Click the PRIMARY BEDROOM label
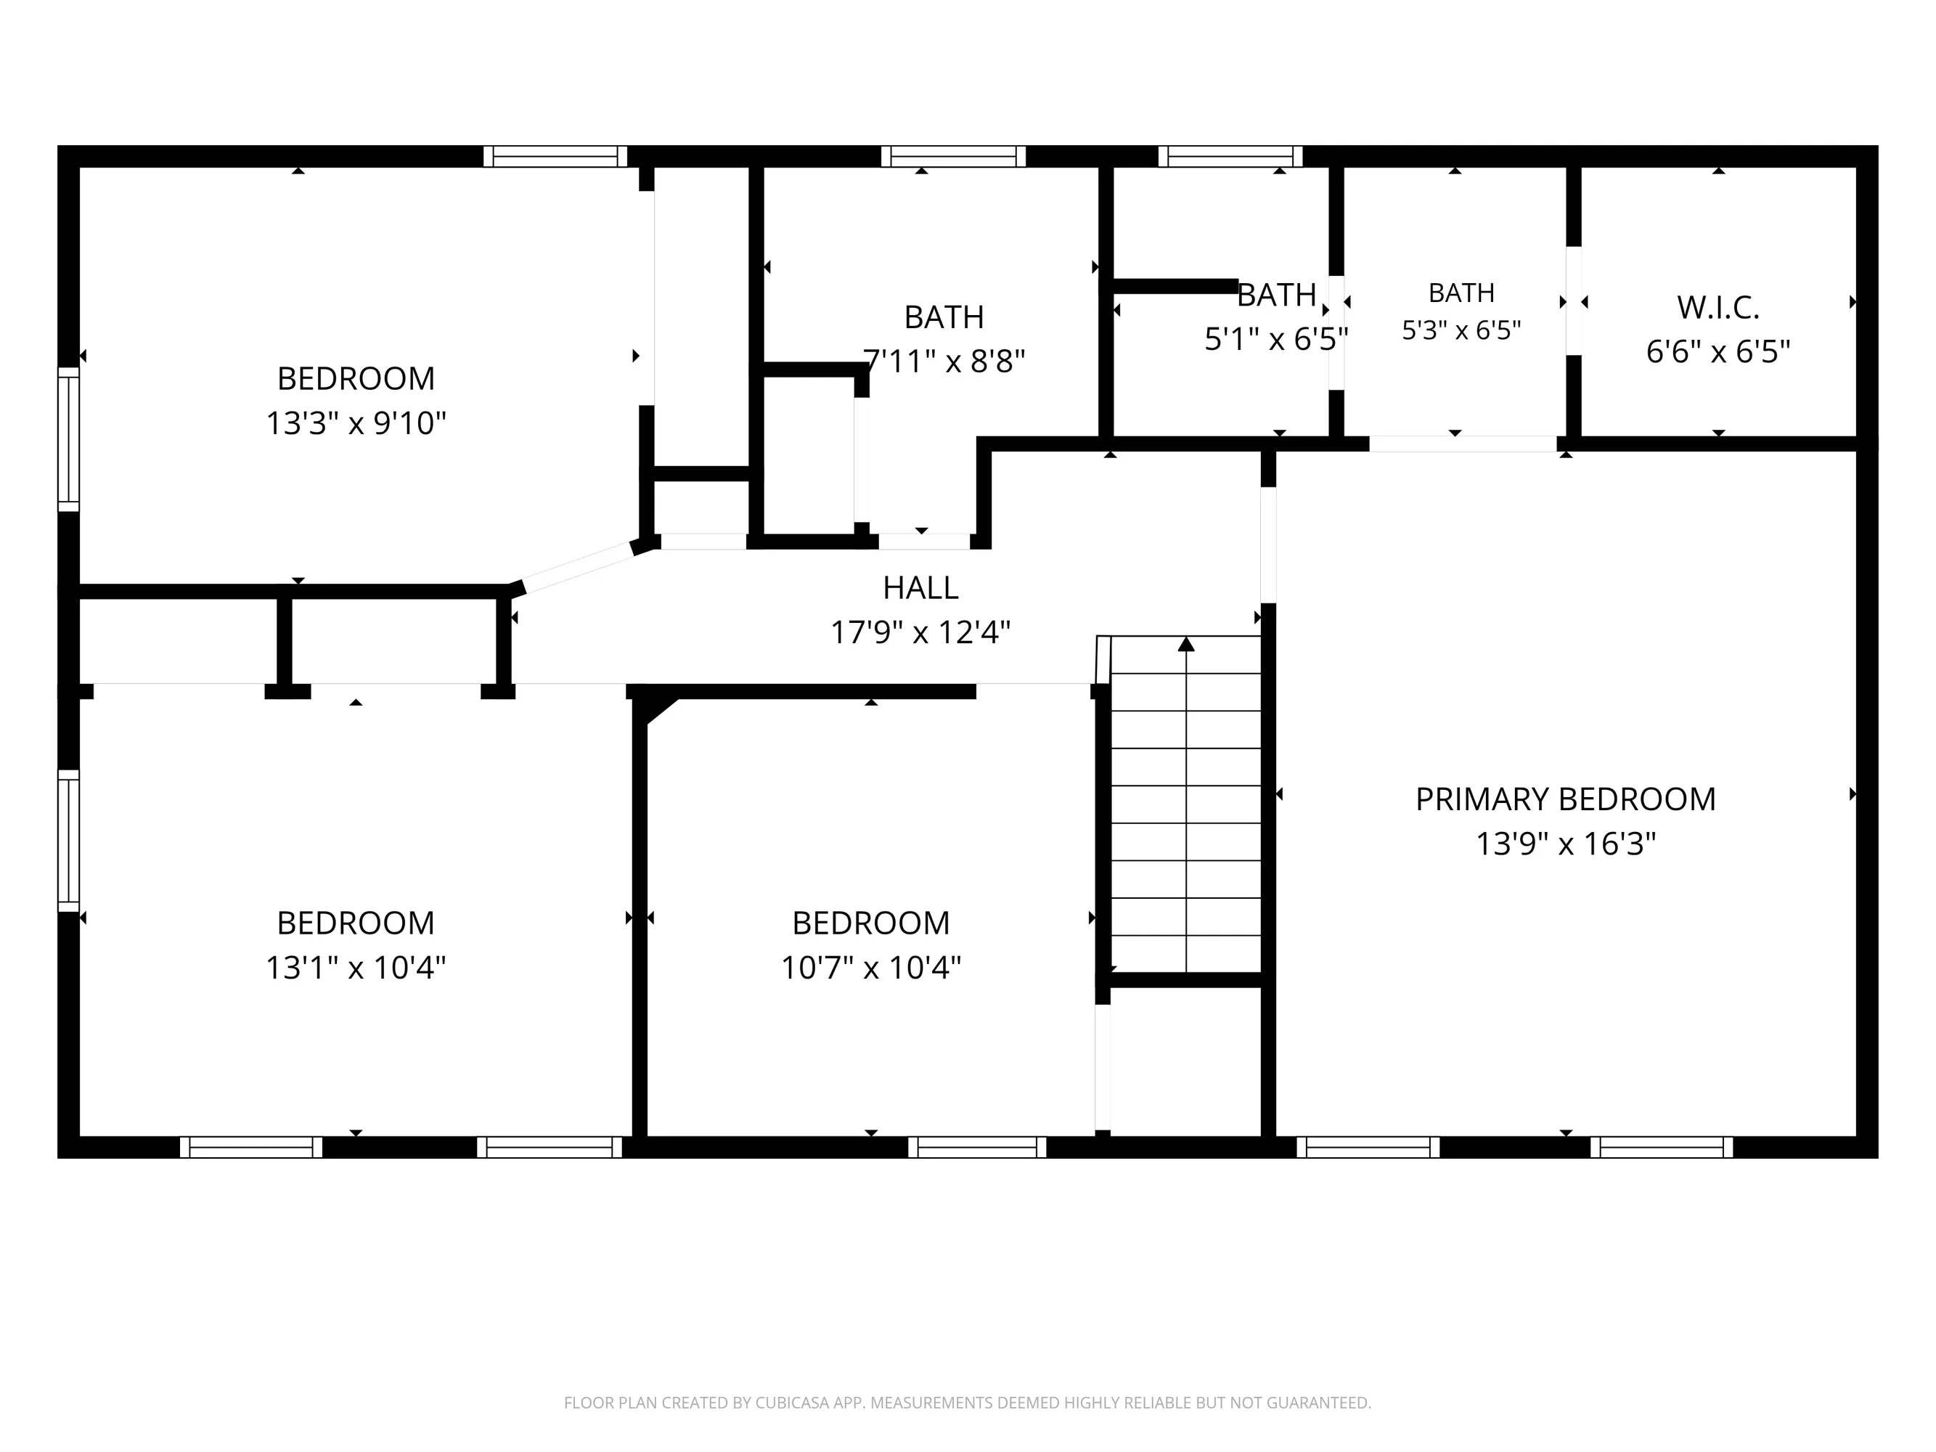click(1565, 799)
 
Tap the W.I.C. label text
click(1718, 308)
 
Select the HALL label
click(920, 588)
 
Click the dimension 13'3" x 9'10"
click(356, 423)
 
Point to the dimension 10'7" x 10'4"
click(871, 968)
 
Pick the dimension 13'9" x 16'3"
click(1566, 844)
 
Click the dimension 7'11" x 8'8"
click(944, 361)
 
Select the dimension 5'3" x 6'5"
click(1462, 330)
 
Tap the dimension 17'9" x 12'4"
click(920, 632)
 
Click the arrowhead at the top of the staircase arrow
click(1186, 643)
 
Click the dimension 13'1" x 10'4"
click(356, 968)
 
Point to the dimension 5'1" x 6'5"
click(1276, 339)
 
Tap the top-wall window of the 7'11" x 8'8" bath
click(953, 157)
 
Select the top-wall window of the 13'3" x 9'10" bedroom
click(556, 157)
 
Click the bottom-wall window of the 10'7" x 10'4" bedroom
click(977, 1146)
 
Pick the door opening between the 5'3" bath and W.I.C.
click(1573, 301)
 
